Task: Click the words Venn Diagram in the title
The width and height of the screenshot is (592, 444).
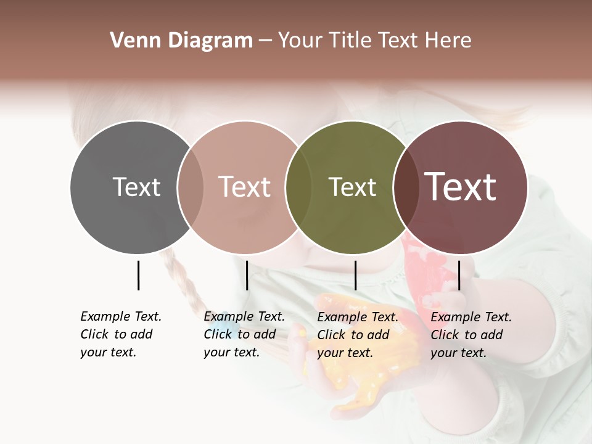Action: point(181,41)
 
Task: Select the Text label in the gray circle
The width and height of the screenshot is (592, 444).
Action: point(136,187)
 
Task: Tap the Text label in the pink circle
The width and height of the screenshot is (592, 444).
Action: point(245,187)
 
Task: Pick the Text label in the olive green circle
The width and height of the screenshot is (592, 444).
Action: point(352,187)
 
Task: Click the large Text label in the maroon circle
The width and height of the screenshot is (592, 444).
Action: point(461,187)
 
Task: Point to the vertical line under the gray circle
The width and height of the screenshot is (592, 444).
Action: point(138,275)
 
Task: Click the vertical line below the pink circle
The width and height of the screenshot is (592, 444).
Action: point(247,275)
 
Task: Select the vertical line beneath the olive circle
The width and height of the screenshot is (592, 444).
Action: point(355,275)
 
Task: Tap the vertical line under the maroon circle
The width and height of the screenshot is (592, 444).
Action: point(459,275)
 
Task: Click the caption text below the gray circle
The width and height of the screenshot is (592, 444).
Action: point(121,334)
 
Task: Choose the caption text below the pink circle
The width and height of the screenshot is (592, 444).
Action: point(244,334)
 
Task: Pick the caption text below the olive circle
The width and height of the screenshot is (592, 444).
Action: point(358,335)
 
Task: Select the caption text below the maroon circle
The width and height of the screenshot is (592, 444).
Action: point(471,335)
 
